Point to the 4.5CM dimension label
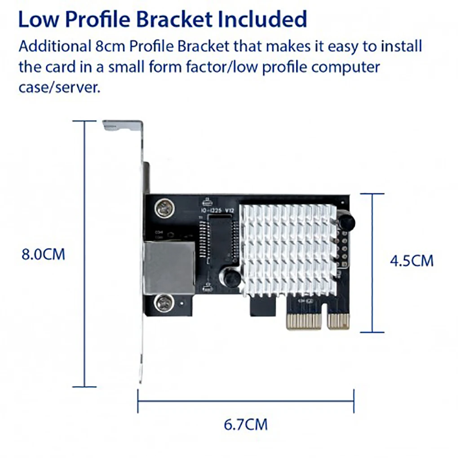tap(411, 261)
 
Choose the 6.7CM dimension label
tap(246, 424)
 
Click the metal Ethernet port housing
tap(168, 267)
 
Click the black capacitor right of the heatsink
tap(346, 221)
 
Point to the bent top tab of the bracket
tap(121, 125)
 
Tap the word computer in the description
tap(346, 67)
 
